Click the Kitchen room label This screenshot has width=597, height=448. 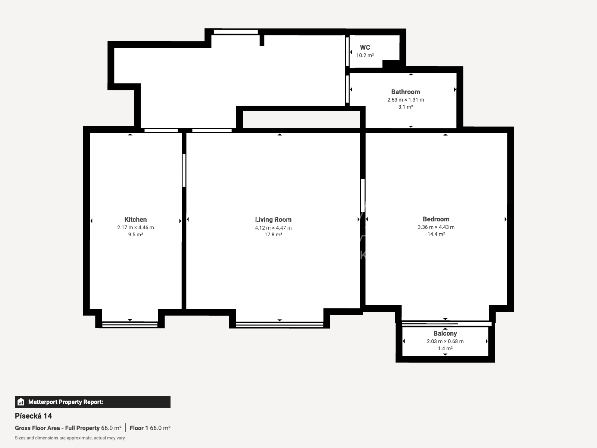pos(135,220)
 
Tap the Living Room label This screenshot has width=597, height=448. pos(273,220)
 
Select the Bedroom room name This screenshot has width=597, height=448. pos(436,219)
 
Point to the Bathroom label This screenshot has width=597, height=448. pos(406,92)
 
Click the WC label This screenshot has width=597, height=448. pos(365,47)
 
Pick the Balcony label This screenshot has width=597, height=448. pos(445,333)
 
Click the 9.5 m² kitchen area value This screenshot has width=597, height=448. pos(135,234)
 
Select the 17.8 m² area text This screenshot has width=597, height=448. pos(273,234)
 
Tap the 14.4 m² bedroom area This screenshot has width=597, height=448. pos(436,234)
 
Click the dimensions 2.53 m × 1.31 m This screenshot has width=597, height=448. pos(406,100)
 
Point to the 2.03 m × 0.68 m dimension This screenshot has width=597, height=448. pos(445,341)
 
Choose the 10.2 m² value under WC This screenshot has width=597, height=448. pos(365,56)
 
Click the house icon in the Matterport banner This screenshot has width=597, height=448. pos(21,402)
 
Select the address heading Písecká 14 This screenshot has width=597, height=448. pos(33,416)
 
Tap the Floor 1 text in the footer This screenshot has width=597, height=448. pos(139,428)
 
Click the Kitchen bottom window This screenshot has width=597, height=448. pos(130,324)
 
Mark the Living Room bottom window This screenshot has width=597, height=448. pos(279,324)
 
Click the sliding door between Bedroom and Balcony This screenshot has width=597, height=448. pos(447,324)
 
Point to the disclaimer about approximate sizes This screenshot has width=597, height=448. pos(70,438)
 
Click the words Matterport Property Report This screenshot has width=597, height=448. pos(66,402)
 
